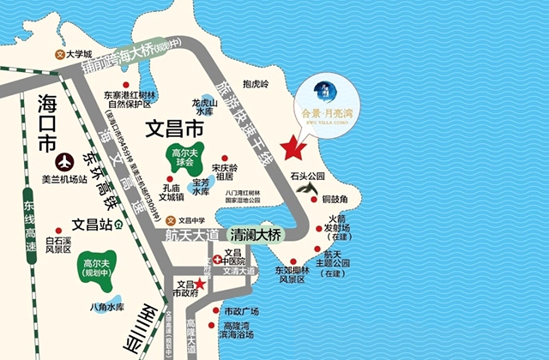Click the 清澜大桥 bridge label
255,234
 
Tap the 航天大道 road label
191,234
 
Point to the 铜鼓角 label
334,199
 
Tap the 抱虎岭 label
256,84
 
